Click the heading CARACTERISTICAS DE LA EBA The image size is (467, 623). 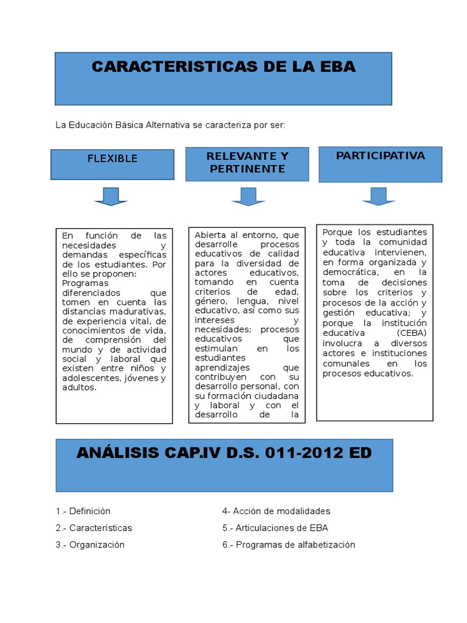coord(223,67)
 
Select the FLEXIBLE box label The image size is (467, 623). coord(112,159)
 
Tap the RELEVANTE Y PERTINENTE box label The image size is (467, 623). coord(247,162)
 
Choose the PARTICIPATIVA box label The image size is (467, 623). coord(380,156)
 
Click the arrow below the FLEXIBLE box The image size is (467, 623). coord(111,197)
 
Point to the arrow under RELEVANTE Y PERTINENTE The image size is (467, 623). coord(248,197)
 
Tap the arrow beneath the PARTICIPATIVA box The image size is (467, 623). coord(378,196)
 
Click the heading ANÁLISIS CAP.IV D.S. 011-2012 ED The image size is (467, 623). coord(224,453)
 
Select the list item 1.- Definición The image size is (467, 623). coord(83,511)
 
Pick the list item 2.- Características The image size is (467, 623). coord(94,528)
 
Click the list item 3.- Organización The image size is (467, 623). coord(90,545)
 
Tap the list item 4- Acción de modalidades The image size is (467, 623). coord(276,511)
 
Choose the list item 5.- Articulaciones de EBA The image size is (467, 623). coord(275,528)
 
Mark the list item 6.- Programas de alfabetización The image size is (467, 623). coord(288,545)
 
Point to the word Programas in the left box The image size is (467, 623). coord(85,283)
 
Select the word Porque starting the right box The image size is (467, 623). coord(337,232)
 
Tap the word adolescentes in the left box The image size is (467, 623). coord(91,378)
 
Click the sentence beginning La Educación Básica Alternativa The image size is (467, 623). coord(170,125)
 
